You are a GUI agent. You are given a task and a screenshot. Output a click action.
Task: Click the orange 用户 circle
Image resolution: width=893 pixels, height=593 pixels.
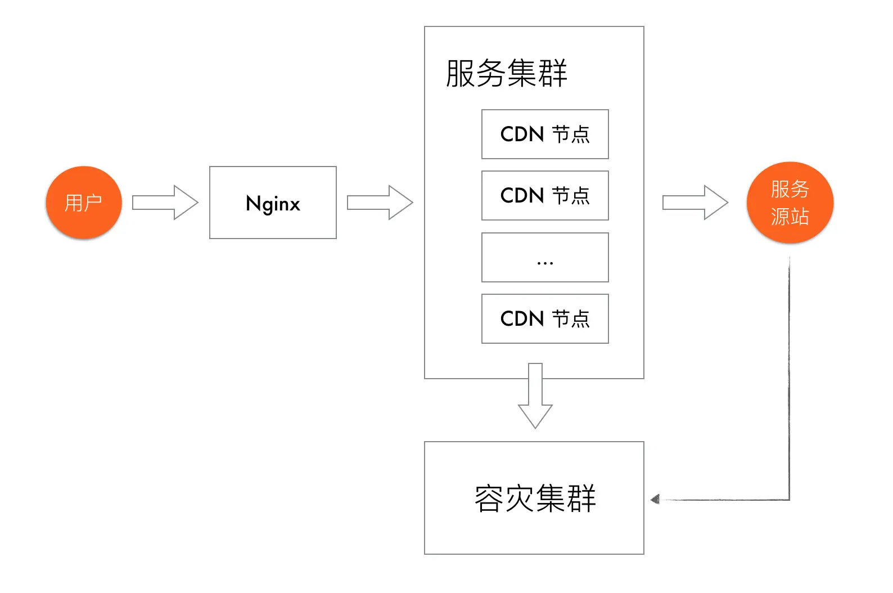pos(84,203)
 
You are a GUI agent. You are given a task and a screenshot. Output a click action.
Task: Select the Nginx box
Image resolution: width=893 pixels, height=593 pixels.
pos(273,203)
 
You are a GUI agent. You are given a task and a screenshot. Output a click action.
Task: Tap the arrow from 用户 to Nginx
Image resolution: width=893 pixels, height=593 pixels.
pos(165,203)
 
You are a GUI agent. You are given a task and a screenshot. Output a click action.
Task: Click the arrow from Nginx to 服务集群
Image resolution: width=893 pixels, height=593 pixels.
pos(380,203)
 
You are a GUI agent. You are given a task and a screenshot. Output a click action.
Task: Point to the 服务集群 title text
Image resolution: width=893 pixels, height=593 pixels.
pos(506,73)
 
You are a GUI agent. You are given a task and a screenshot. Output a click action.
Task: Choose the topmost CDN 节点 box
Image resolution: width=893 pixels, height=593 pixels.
pos(545,134)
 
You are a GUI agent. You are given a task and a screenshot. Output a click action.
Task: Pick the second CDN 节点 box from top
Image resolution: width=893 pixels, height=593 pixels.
pos(545,195)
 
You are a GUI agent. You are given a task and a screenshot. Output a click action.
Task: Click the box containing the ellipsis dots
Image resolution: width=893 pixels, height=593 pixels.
pos(545,257)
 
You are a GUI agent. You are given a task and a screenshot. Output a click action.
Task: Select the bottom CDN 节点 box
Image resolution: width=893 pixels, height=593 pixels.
pos(545,318)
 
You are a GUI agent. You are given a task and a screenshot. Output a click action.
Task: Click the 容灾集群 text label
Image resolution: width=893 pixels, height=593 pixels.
pos(535,498)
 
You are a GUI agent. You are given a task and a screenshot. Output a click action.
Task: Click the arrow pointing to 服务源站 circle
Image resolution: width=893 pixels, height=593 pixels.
pos(695,203)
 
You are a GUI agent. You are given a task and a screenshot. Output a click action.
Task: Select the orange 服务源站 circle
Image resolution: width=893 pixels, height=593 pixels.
pos(790,203)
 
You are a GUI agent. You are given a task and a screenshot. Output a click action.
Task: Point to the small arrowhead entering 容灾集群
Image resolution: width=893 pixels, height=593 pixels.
pos(655,499)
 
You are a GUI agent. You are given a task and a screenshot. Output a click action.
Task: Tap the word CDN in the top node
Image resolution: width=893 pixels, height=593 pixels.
pos(522,134)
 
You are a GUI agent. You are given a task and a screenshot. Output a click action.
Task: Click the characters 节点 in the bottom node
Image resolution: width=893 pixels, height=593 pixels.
pos(571,318)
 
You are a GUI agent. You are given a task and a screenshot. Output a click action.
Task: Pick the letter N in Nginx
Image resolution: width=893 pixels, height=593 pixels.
pos(253,203)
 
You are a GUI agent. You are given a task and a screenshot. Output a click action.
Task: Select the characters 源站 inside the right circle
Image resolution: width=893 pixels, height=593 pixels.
pos(790,217)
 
